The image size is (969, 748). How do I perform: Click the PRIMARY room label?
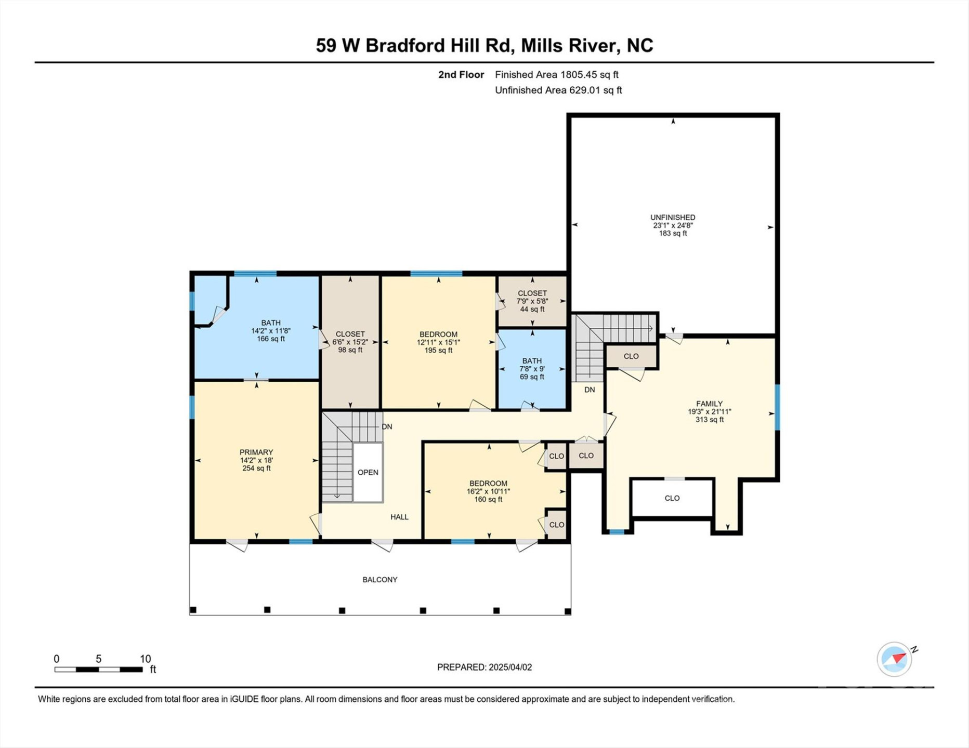click(256, 452)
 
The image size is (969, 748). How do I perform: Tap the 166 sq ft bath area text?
click(271, 339)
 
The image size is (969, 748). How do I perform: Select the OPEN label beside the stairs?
click(368, 472)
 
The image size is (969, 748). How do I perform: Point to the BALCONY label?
click(380, 579)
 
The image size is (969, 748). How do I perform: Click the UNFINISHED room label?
click(673, 217)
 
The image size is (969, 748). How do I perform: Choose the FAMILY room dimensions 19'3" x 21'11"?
click(710, 411)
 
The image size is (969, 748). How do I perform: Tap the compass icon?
click(895, 659)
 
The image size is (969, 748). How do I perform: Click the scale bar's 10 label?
click(146, 659)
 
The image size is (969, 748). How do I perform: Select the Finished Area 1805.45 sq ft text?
click(556, 74)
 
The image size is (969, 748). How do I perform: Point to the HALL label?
click(399, 517)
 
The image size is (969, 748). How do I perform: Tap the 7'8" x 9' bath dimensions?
click(532, 369)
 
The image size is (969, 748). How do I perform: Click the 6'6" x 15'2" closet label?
click(350, 342)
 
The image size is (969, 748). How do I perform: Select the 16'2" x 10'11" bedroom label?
click(488, 491)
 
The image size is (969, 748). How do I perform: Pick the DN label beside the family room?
click(590, 390)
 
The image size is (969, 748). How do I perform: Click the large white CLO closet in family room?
click(672, 498)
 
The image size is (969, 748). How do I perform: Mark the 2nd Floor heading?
click(461, 74)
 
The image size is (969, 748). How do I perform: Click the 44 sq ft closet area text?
click(532, 309)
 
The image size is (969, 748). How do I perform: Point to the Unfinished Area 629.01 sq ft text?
click(558, 90)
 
